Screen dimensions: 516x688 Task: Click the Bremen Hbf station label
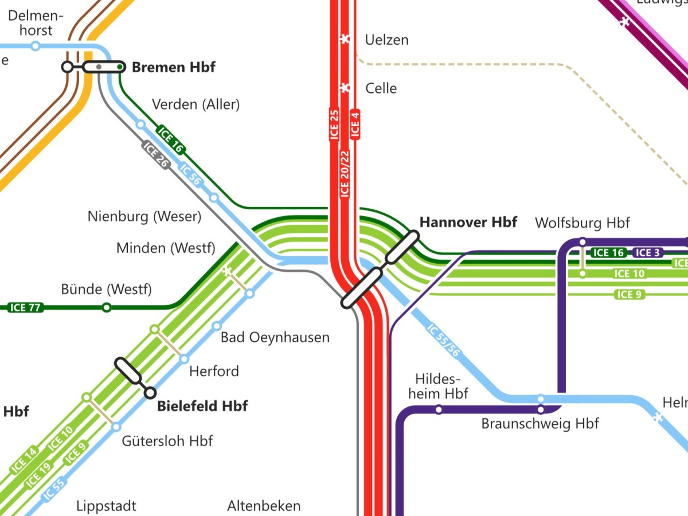point(173,67)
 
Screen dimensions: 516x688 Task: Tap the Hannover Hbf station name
point(468,222)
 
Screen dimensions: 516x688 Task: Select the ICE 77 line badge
point(26,308)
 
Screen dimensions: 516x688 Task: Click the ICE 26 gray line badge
point(156,155)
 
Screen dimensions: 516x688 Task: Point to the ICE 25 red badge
point(335,124)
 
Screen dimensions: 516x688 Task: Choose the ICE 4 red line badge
point(355,124)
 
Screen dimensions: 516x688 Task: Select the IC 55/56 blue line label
point(444,341)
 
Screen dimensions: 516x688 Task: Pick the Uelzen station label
point(386,40)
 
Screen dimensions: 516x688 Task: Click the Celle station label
point(381,88)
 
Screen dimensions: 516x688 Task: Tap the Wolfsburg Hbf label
point(582,222)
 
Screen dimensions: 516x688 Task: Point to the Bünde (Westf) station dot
point(106,308)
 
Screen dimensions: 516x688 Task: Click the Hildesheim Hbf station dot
point(439,409)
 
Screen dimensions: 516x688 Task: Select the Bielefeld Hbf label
point(202,406)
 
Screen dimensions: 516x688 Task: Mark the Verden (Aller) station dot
point(140,124)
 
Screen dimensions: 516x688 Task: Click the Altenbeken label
point(264,506)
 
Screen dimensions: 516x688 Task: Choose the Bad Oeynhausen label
point(275,337)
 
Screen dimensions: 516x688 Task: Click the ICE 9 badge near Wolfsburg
point(630,295)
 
